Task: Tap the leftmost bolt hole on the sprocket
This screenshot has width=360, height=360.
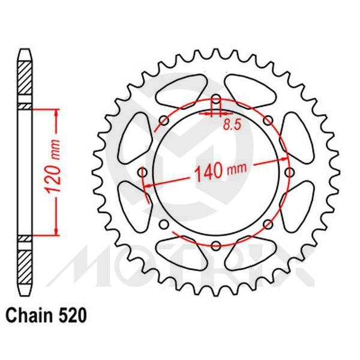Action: [x=143, y=173]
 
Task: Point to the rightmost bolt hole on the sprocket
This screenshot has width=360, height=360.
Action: [x=289, y=173]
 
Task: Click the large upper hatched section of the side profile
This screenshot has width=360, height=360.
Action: [x=23, y=81]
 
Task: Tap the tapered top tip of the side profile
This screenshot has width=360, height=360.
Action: [x=23, y=52]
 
